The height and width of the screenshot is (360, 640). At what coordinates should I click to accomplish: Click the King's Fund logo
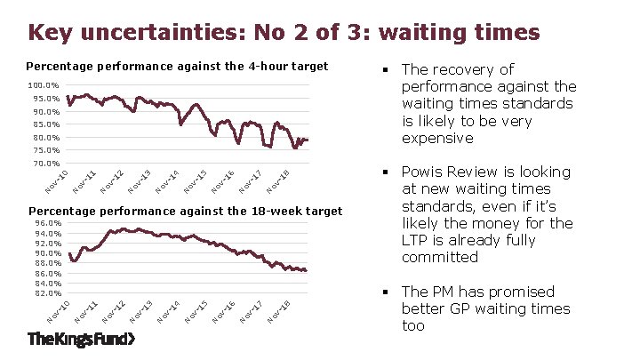[81, 340]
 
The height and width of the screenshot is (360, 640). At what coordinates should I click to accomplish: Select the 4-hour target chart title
[177, 66]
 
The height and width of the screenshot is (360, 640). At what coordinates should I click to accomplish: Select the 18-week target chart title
[183, 211]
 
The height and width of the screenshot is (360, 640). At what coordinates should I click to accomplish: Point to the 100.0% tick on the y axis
[44, 86]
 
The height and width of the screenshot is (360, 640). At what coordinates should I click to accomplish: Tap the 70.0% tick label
[45, 164]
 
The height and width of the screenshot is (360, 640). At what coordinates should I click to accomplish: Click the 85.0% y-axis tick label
[45, 125]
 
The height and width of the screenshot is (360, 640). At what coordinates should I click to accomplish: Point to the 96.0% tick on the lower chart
[47, 223]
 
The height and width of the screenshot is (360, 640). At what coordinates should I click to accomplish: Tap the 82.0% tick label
[47, 292]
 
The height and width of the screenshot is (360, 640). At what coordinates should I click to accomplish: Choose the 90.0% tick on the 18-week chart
[47, 253]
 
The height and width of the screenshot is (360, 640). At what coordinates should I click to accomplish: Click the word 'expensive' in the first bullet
[437, 138]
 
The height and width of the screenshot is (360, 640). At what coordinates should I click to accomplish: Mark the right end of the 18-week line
[307, 270]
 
